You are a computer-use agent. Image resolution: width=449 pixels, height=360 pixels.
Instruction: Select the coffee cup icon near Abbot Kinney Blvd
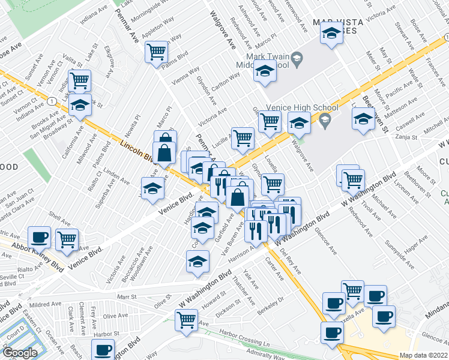tap(39, 237)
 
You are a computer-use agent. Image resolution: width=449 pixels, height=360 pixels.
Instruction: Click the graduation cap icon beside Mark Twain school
tap(264, 73)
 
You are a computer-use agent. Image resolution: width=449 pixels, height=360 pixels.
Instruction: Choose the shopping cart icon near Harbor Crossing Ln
tap(187, 319)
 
